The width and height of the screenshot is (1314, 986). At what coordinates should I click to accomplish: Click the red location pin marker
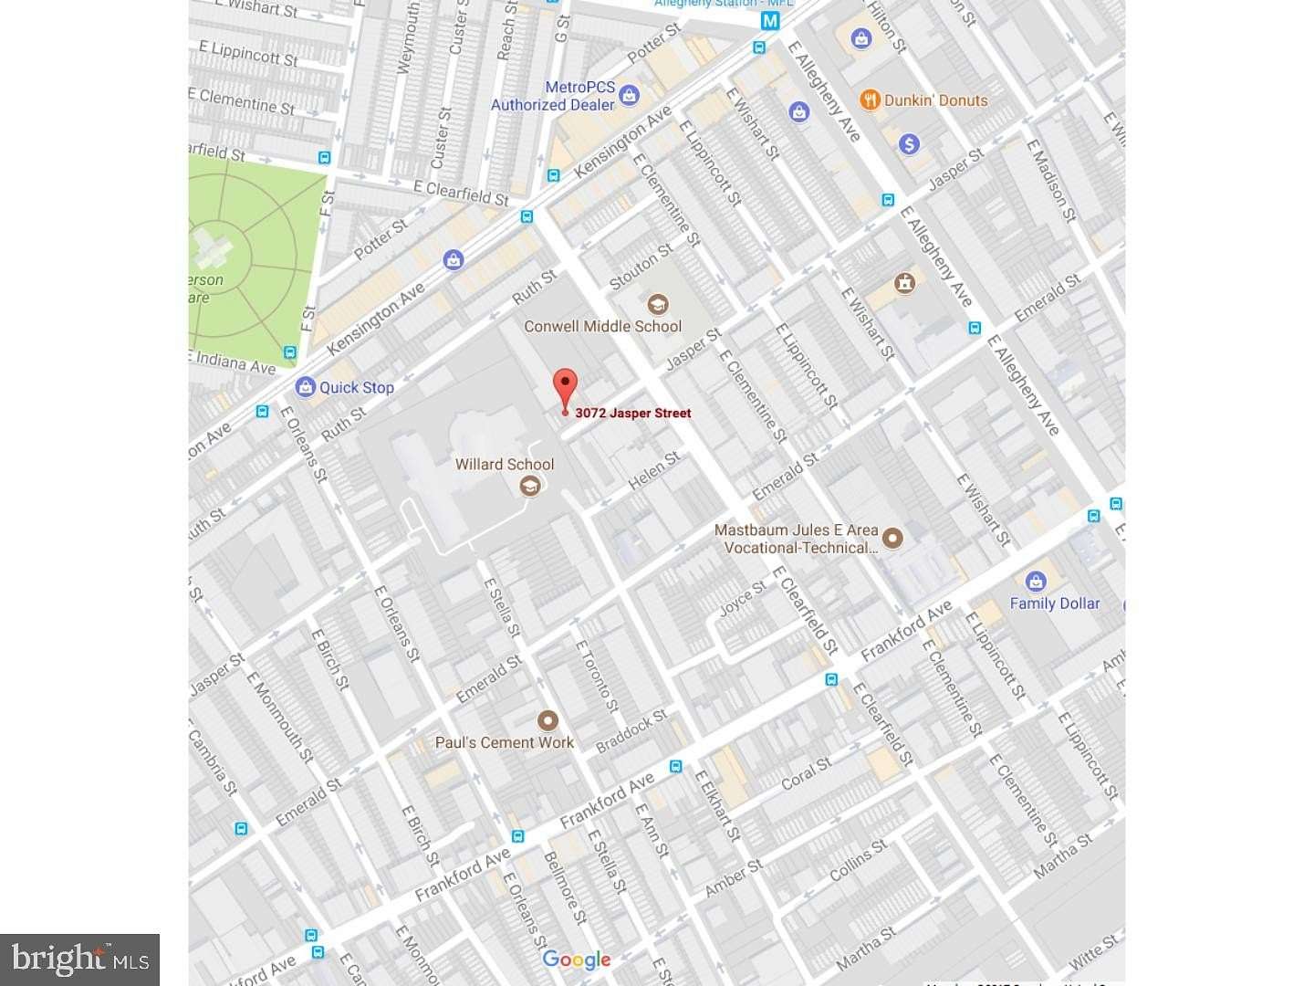(x=566, y=388)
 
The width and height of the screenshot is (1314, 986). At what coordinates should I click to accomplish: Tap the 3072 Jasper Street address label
(x=632, y=413)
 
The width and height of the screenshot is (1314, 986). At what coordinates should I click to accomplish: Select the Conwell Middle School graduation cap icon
(x=657, y=304)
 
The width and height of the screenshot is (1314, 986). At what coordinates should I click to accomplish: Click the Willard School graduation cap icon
(x=529, y=486)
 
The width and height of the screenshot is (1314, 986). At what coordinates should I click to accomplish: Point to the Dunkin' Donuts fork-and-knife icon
(x=870, y=100)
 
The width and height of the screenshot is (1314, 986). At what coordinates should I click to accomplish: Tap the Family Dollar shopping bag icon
(x=1035, y=581)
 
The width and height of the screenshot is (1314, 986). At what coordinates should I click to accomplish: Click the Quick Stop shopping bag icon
(x=305, y=387)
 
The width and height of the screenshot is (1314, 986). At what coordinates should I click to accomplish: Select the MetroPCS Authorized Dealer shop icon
(x=629, y=94)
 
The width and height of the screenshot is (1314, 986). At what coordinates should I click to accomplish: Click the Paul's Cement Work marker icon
(x=547, y=720)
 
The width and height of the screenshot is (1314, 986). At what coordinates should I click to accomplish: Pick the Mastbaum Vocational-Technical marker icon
(x=892, y=538)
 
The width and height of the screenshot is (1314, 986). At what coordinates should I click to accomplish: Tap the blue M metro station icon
(x=771, y=21)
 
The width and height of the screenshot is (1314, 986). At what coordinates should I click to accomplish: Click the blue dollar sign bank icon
(x=908, y=143)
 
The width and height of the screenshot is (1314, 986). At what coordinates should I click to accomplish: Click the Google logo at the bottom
(x=576, y=959)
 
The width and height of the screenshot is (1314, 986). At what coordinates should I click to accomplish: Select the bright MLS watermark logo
(x=80, y=960)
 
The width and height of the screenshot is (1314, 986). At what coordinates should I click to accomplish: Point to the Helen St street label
(x=653, y=470)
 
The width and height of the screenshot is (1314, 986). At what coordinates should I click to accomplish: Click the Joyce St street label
(x=742, y=599)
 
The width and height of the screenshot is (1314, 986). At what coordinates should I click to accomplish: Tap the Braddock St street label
(x=631, y=731)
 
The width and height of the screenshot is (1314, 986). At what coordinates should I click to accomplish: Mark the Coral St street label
(x=806, y=773)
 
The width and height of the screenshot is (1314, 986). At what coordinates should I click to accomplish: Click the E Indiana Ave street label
(x=234, y=362)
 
